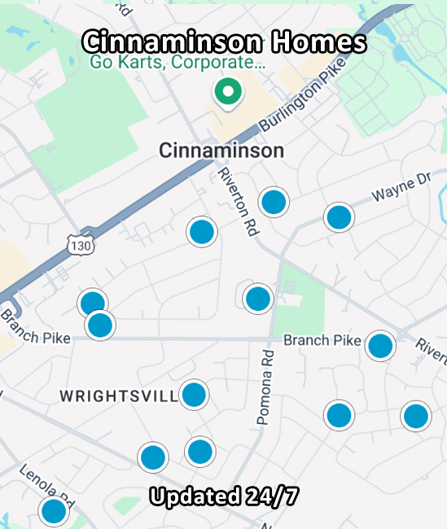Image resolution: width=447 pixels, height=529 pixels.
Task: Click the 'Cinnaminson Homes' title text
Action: tap(225, 42)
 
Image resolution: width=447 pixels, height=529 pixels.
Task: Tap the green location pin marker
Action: tap(229, 92)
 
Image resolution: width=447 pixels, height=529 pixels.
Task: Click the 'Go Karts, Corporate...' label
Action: tap(177, 63)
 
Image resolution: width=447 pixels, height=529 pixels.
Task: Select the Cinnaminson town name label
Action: tap(221, 151)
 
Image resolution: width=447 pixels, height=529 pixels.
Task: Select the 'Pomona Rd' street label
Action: tap(265, 387)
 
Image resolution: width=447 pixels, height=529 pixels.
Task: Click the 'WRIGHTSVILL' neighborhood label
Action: tap(119, 396)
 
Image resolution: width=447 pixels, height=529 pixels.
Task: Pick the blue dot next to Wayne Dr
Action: tap(339, 217)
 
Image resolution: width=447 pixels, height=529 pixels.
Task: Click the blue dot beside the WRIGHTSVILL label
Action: tap(194, 396)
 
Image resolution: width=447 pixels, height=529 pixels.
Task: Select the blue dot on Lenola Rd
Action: tap(54, 512)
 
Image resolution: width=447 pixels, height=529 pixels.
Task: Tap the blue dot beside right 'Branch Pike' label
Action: tap(380, 346)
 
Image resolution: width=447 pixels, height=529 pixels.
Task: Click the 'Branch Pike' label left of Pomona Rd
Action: tap(321, 340)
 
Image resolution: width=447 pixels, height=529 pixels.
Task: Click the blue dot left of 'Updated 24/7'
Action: tap(153, 457)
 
